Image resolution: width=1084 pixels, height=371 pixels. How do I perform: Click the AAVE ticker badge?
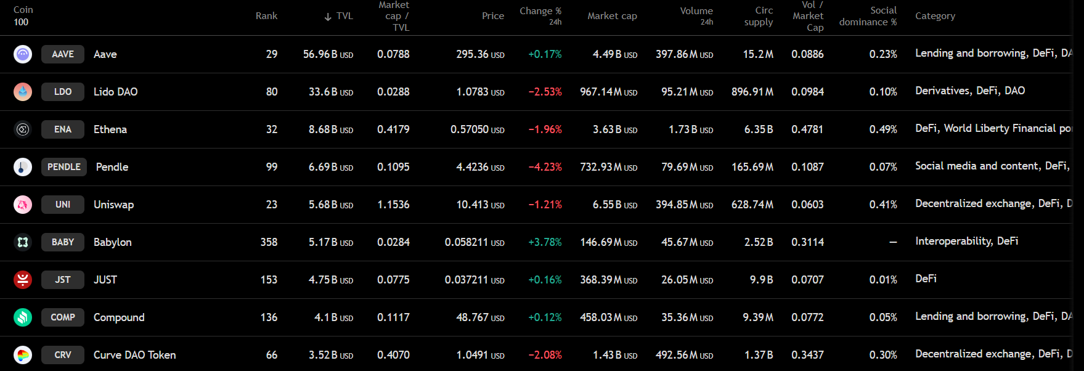pyautogui.click(x=63, y=54)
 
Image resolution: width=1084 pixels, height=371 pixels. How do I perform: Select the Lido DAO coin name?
pyautogui.click(x=115, y=92)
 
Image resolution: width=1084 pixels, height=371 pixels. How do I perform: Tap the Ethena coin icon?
pyautogui.click(x=23, y=129)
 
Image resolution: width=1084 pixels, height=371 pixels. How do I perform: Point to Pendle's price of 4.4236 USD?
pyautogui.click(x=479, y=167)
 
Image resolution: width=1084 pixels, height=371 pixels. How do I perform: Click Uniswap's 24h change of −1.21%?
pyautogui.click(x=545, y=205)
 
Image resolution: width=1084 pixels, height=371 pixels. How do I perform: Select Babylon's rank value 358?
pyautogui.click(x=269, y=242)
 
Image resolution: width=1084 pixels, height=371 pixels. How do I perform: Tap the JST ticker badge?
pyautogui.click(x=63, y=280)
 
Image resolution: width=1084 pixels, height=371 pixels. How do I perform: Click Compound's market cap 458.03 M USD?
pyautogui.click(x=608, y=317)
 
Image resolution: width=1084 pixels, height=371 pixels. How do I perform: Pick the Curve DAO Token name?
pyautogui.click(x=134, y=355)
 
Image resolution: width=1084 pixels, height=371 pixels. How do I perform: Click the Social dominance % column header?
pyautogui.click(x=868, y=16)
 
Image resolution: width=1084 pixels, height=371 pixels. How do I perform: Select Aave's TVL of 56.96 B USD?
pyautogui.click(x=328, y=54)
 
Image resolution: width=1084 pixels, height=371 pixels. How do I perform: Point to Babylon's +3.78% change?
pyautogui.click(x=545, y=242)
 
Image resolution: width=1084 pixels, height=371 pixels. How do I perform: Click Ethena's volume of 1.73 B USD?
pyautogui.click(x=690, y=129)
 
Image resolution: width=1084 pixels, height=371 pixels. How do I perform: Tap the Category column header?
pyautogui.click(x=935, y=16)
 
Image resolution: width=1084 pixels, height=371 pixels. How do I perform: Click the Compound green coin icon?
pyautogui.click(x=23, y=317)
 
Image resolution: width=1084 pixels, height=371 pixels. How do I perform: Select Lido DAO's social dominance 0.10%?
pyautogui.click(x=882, y=92)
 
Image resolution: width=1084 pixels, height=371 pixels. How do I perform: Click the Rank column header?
pyautogui.click(x=266, y=16)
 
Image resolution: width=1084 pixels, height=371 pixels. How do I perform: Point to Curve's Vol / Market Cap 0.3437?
pyautogui.click(x=807, y=355)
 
